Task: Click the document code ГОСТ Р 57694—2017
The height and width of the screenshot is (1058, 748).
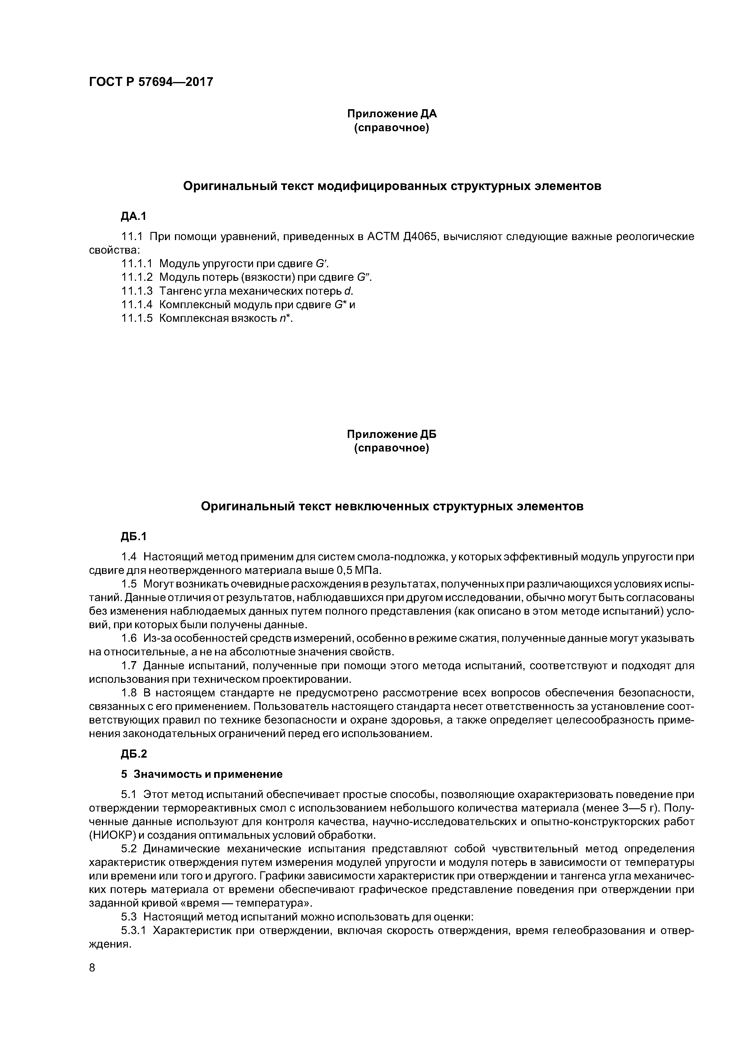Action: click(x=151, y=82)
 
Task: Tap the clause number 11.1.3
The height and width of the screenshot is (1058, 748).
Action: click(x=136, y=291)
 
